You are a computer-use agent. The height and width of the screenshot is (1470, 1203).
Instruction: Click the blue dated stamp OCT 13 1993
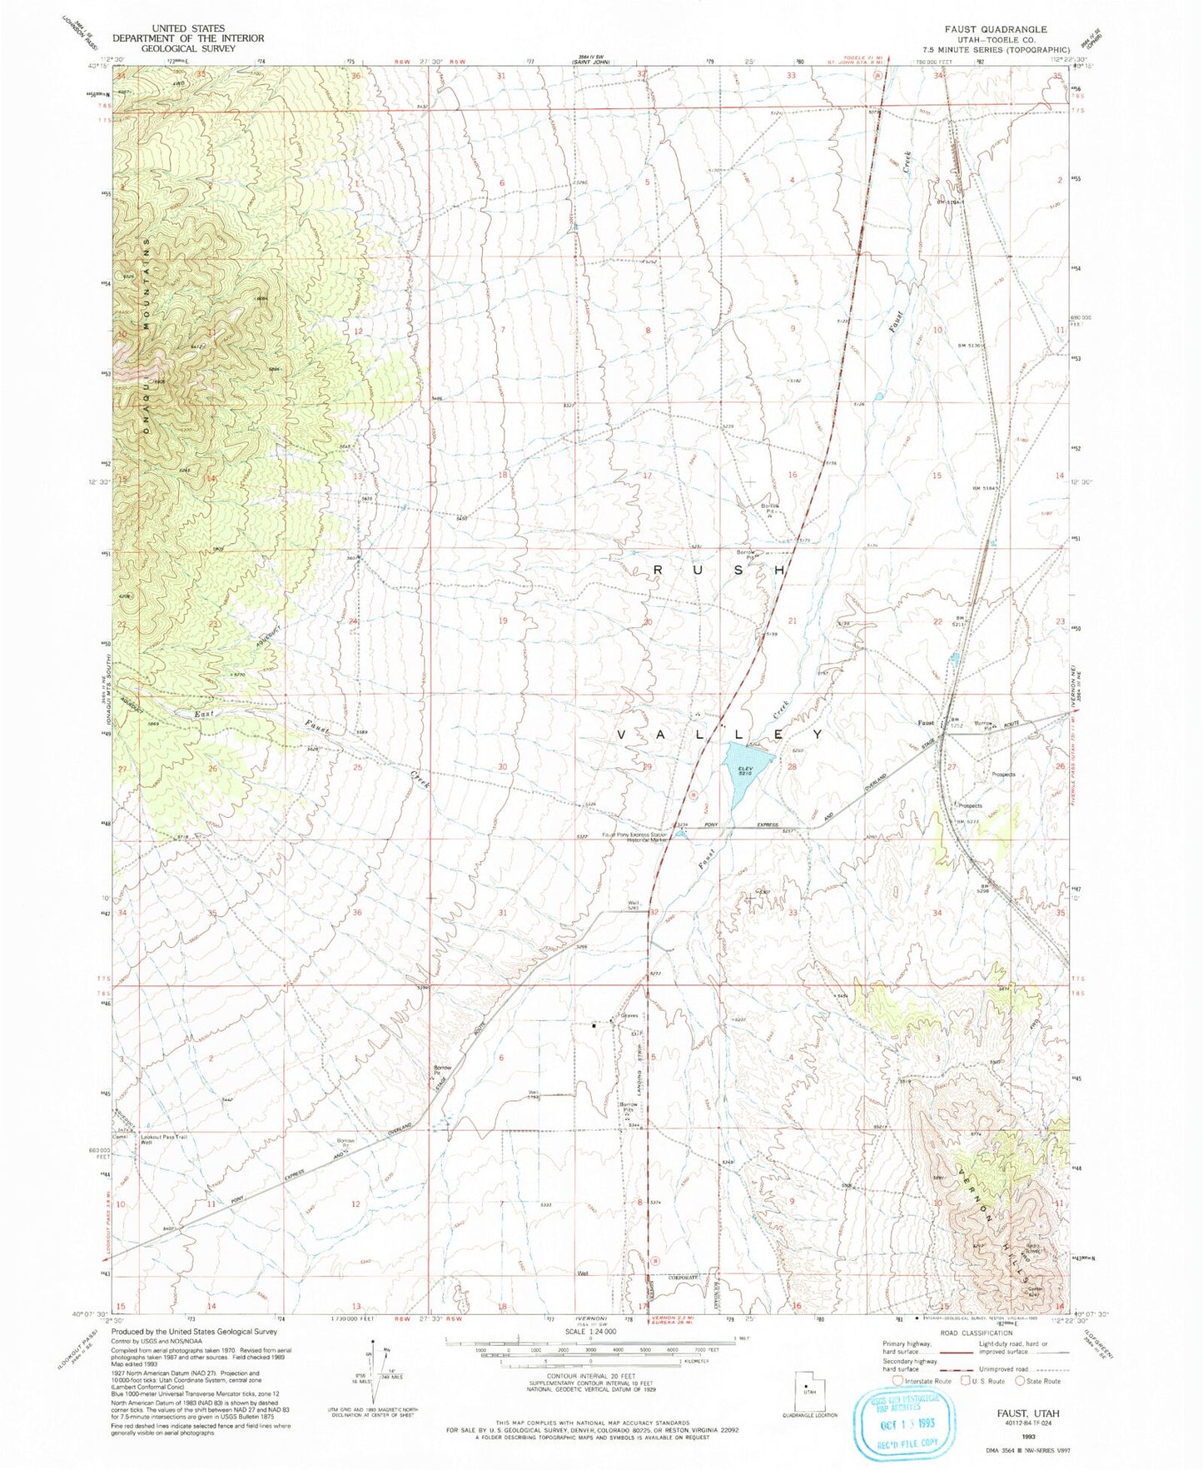[x=902, y=1417]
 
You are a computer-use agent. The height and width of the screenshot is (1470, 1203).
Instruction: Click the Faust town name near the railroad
[x=929, y=722]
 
